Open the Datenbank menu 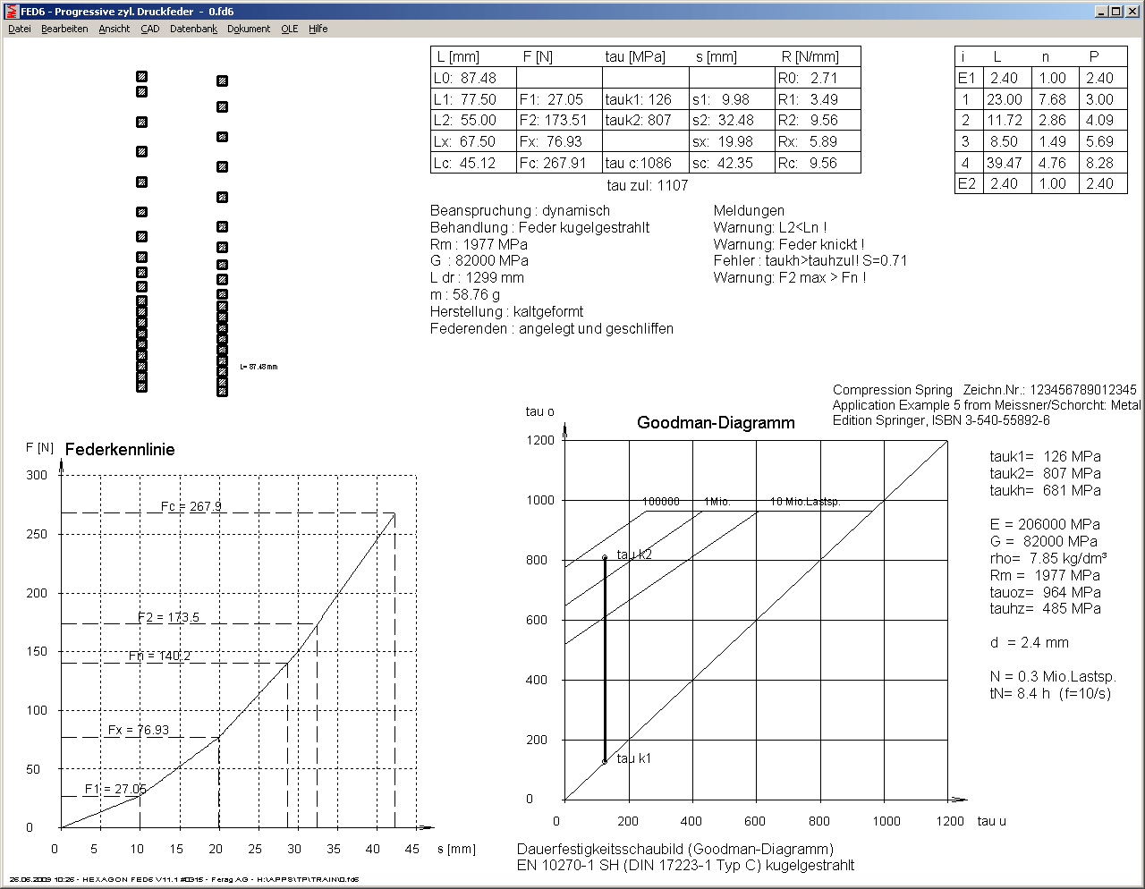click(193, 29)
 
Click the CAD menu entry click(149, 29)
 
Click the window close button click(1131, 12)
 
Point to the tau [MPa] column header click(635, 56)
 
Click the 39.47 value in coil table click(1004, 163)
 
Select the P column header click(1094, 56)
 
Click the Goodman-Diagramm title click(716, 423)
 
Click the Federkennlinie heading click(120, 450)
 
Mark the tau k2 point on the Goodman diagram click(605, 557)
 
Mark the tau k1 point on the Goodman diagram click(605, 761)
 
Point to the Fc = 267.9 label click(191, 506)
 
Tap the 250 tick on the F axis click(37, 534)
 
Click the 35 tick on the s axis click(334, 849)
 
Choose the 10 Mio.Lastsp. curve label click(806, 502)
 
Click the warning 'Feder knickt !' click(788, 244)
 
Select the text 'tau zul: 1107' click(647, 185)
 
